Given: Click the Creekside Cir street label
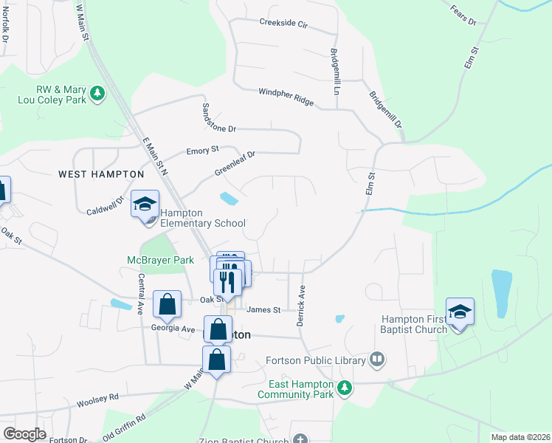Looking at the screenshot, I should point(283,23).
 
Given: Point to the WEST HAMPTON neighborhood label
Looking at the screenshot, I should point(101,174).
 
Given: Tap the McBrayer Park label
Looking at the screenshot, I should point(160,260).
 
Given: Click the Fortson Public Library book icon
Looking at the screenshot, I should point(377,360).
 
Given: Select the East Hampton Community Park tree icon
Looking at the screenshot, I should point(343,387).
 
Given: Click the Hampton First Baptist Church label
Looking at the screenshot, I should point(414,324).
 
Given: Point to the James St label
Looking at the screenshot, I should point(264,310).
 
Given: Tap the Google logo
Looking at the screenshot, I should point(24,433).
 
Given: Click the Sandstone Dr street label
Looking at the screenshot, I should point(218,117).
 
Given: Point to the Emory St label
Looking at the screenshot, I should point(203,150).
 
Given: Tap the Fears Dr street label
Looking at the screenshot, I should point(463,16).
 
